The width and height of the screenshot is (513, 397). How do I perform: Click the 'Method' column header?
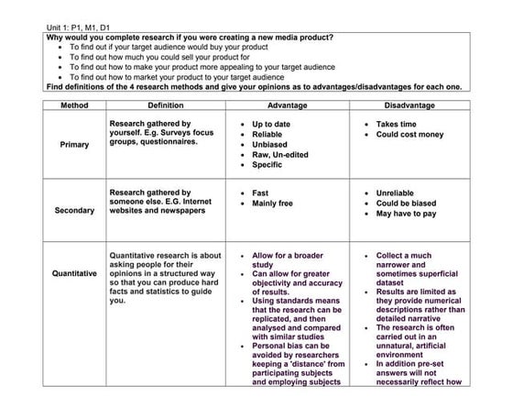(74, 105)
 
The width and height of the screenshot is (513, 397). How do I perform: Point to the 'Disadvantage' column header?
(411, 105)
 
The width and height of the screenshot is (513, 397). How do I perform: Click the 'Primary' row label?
(74, 144)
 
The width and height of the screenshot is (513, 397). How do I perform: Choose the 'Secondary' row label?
(74, 210)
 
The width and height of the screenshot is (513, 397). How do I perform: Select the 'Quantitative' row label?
(74, 272)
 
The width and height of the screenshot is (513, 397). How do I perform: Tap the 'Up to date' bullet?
(274, 124)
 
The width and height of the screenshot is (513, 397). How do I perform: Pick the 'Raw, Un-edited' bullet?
(280, 155)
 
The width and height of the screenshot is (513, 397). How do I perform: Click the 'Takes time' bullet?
(399, 124)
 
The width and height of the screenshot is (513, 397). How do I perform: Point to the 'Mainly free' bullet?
(273, 204)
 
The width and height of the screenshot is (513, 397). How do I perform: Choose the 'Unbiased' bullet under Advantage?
(271, 144)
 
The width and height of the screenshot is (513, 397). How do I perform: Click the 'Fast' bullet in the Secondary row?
(260, 193)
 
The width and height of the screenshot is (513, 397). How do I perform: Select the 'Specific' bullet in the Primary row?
(269, 165)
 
